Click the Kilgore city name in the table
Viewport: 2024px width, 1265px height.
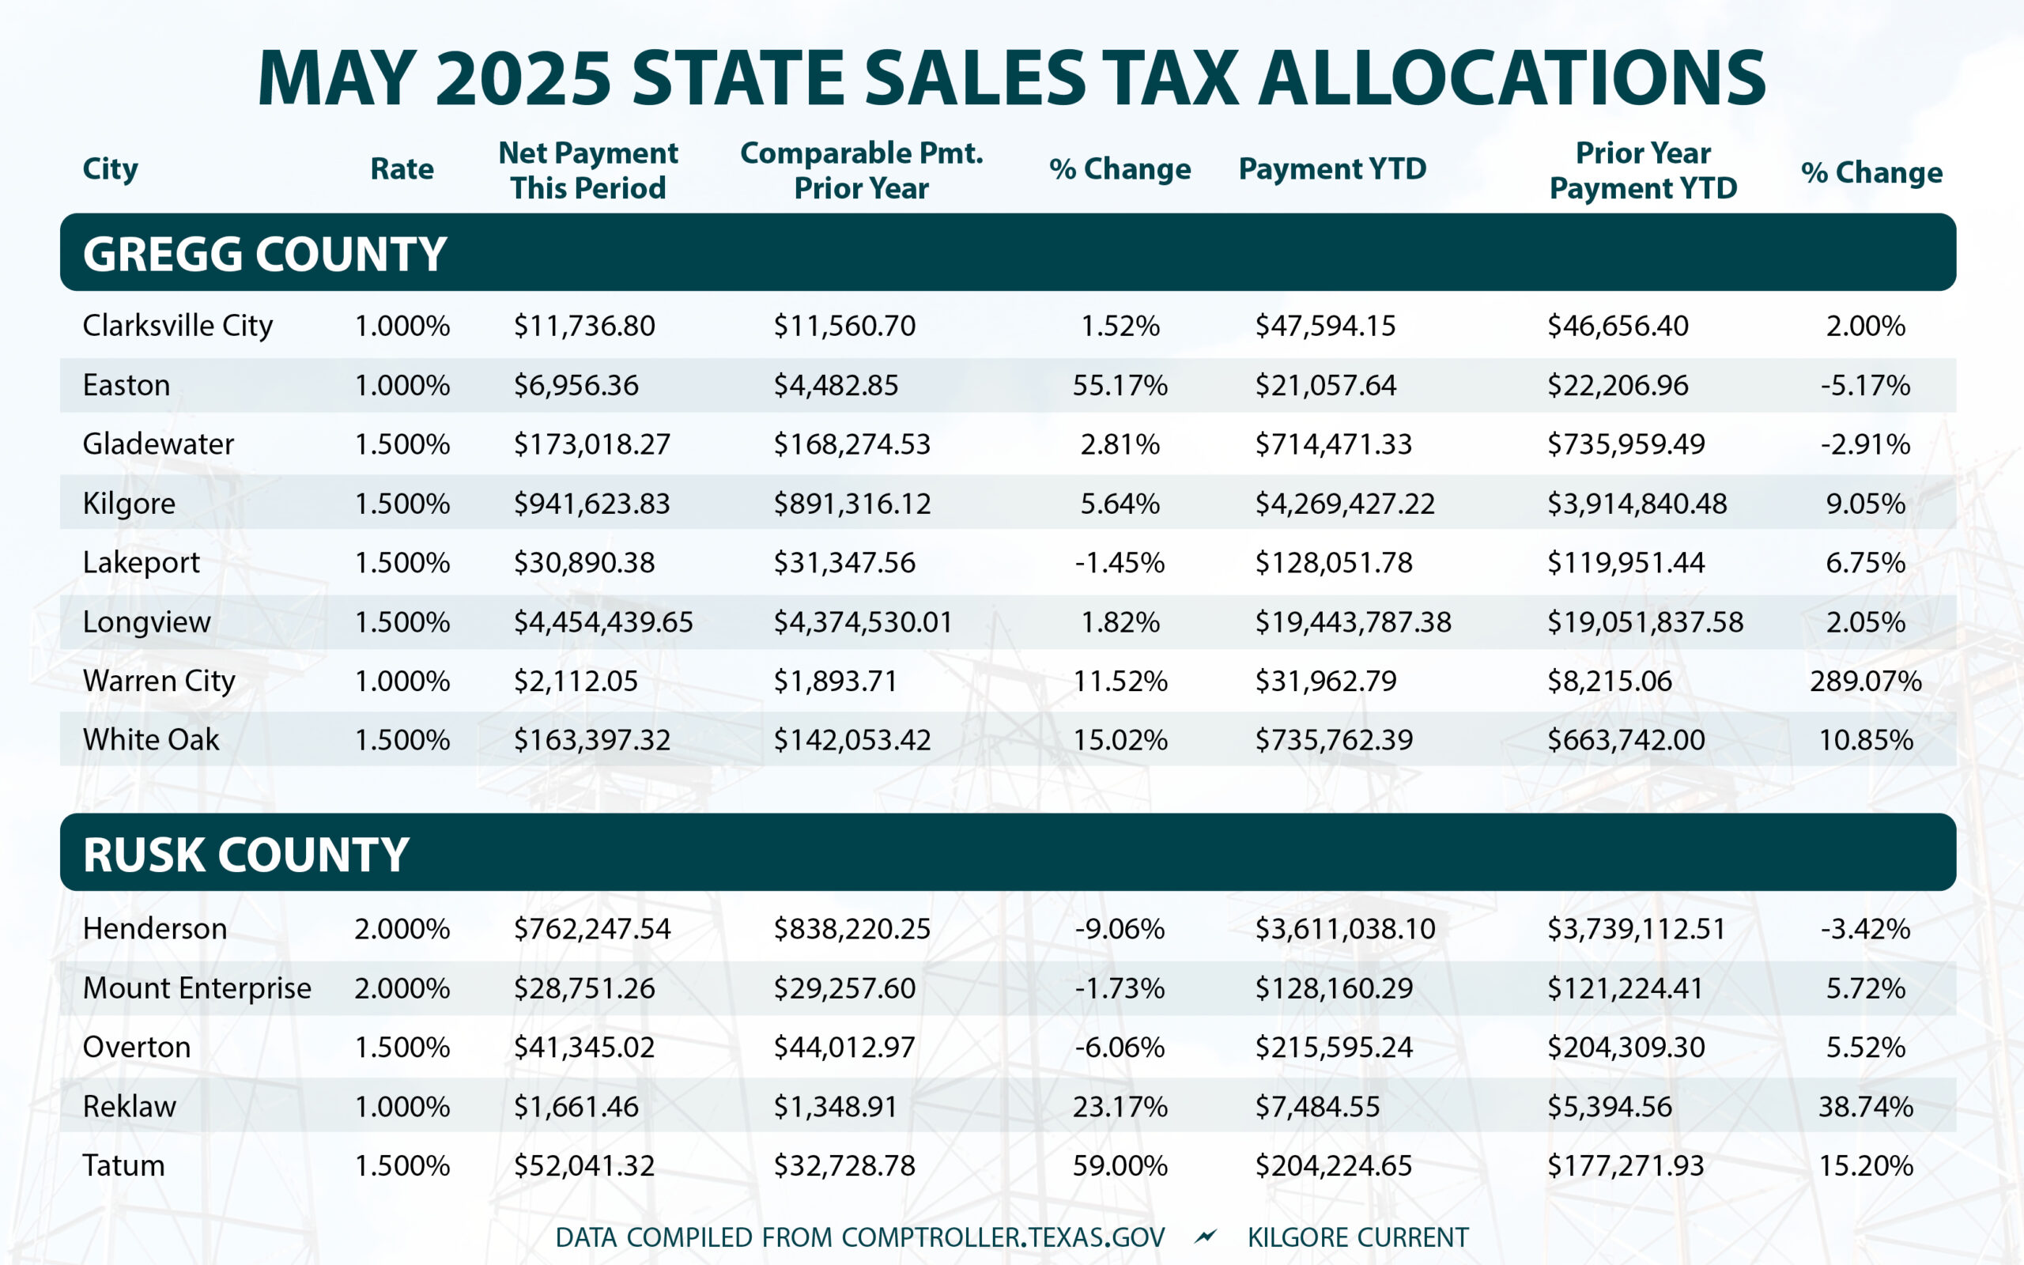click(x=129, y=504)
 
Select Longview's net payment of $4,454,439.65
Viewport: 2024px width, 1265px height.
click(x=603, y=622)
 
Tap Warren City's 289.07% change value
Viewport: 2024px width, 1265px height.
click(x=1865, y=681)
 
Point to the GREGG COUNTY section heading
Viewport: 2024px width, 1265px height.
click(x=264, y=254)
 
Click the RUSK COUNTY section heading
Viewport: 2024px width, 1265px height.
click(x=246, y=854)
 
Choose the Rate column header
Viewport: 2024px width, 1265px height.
click(x=402, y=169)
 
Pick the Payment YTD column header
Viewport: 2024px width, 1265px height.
click(x=1332, y=169)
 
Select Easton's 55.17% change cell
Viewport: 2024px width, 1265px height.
click(x=1120, y=386)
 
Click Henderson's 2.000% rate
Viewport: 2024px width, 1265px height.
click(x=402, y=929)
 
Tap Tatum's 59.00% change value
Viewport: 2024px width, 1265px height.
click(x=1120, y=1165)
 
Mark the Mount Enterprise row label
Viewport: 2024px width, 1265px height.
click(x=197, y=988)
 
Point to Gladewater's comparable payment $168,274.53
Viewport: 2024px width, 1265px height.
click(x=852, y=444)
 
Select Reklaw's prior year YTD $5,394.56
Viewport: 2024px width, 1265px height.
click(x=1609, y=1107)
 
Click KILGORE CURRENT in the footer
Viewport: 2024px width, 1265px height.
click(x=1358, y=1237)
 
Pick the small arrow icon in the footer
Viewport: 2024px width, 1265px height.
click(x=1205, y=1237)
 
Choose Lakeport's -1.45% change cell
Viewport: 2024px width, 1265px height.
click(x=1120, y=563)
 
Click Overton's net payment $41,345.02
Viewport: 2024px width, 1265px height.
click(x=583, y=1048)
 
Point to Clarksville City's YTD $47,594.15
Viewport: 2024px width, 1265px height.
click(x=1325, y=327)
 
